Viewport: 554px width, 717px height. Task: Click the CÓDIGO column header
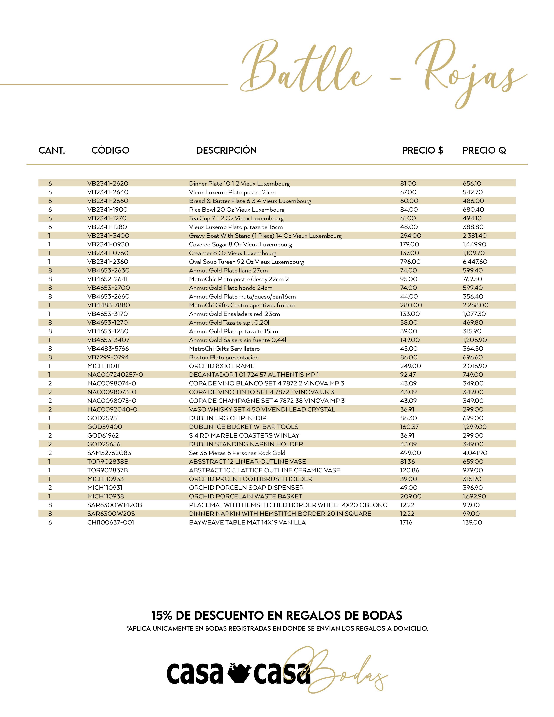[110, 150]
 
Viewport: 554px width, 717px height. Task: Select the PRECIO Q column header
[484, 150]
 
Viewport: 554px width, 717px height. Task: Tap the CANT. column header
[52, 150]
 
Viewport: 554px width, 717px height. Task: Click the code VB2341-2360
[108, 262]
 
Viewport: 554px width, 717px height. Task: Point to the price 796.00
[410, 262]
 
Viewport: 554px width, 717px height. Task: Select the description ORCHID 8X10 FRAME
[222, 366]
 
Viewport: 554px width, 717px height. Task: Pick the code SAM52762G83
[109, 453]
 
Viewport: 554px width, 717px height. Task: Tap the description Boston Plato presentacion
[224, 357]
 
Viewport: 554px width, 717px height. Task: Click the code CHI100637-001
[111, 522]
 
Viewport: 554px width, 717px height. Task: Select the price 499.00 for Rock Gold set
[410, 453]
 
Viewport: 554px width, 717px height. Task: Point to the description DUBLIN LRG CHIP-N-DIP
[227, 418]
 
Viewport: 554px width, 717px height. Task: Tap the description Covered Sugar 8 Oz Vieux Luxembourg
[240, 244]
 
